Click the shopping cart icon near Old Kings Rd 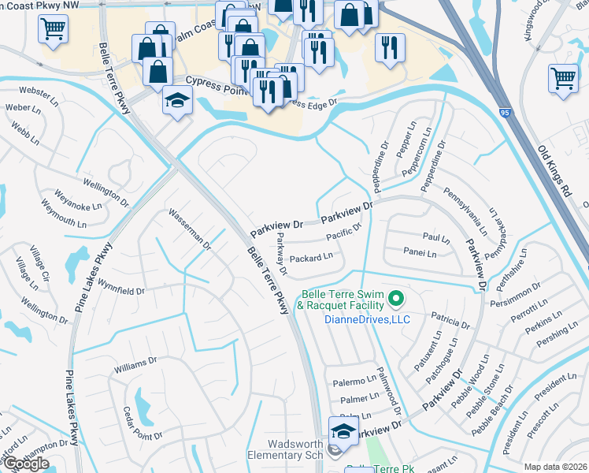[563, 78]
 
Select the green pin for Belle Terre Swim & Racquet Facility [397, 299]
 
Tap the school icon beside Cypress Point [177, 101]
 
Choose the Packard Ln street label [312, 257]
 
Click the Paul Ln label [435, 236]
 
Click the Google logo [25, 464]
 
